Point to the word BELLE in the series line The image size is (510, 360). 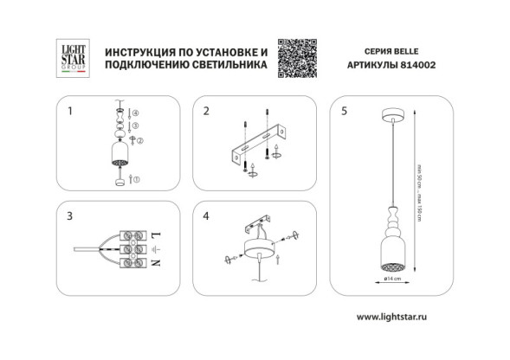click(411, 50)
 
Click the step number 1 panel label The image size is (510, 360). click(70, 111)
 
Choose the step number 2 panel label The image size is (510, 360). click(206, 111)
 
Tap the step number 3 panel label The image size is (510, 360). click(70, 213)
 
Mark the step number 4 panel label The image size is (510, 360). click(206, 213)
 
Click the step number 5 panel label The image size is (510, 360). click(345, 111)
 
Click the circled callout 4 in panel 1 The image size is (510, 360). click(135, 114)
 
